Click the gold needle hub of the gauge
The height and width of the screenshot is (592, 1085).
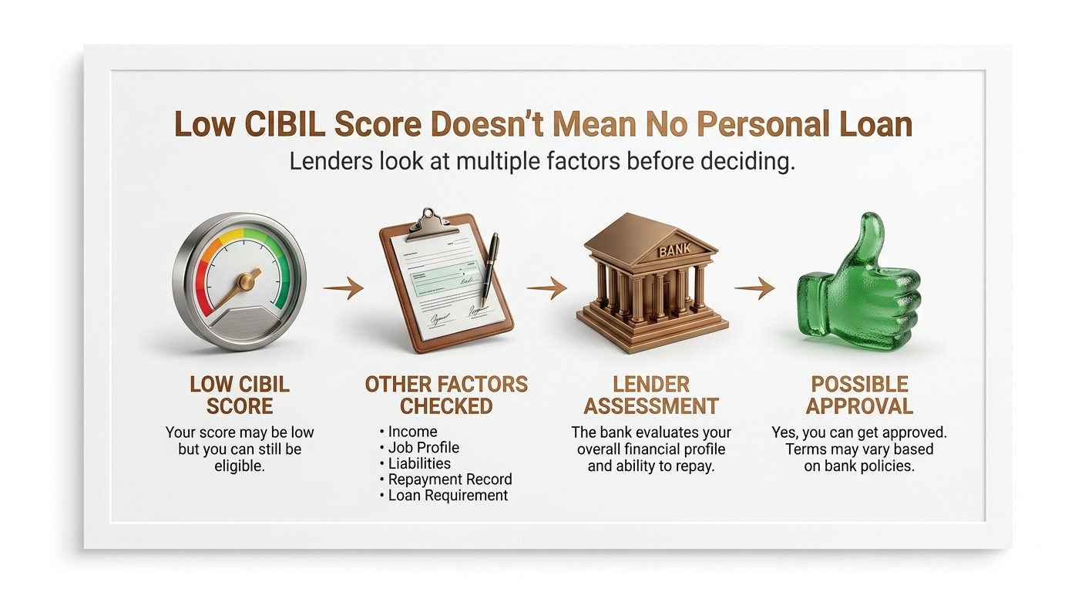point(246,281)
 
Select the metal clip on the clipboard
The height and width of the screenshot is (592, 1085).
point(429,225)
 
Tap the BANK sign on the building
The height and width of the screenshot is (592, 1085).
point(675,250)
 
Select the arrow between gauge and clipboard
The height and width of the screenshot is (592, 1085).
point(344,288)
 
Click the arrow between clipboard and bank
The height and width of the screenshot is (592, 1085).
point(547,288)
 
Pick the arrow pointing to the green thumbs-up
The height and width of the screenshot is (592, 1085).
point(754,288)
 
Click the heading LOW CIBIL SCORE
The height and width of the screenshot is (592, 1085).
point(240,395)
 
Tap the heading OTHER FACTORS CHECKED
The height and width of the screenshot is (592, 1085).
point(446,395)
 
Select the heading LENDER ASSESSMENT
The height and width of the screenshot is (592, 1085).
point(651,395)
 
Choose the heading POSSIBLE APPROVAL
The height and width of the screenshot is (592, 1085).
point(859,395)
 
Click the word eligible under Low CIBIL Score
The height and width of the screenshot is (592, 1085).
point(240,466)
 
